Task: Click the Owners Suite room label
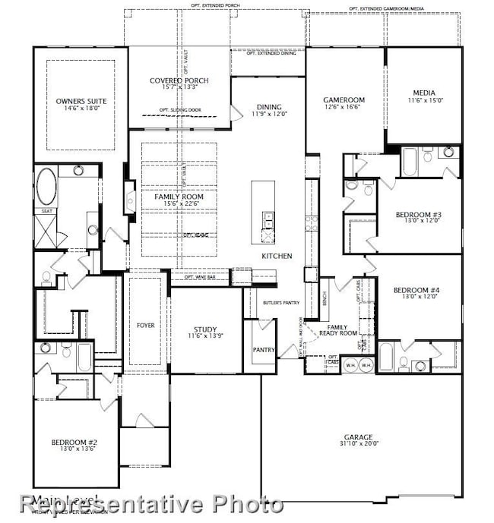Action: coord(81,101)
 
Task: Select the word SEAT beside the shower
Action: coord(46,211)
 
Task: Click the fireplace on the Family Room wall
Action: coord(131,197)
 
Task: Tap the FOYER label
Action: coord(145,325)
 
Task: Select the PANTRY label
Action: coord(263,350)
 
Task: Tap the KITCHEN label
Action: coord(277,256)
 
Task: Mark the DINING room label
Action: coord(268,107)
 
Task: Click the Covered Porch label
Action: coord(179,80)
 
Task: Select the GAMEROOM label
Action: coord(344,99)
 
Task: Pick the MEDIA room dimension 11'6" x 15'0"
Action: coord(423,100)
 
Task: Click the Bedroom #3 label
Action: coord(419,215)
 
